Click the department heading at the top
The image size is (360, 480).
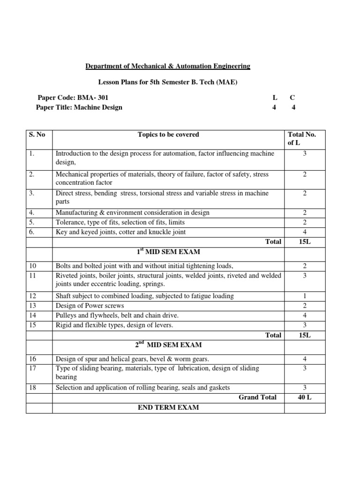click(x=167, y=67)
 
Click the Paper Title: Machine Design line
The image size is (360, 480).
click(x=79, y=107)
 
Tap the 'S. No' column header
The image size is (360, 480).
click(x=37, y=135)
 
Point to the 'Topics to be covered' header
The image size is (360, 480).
click(x=168, y=135)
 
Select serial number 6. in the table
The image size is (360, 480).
click(x=31, y=232)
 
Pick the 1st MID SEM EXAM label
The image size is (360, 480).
click(x=168, y=252)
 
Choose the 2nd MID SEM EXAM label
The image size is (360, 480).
click(x=168, y=345)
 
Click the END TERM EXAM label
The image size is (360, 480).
click(x=168, y=407)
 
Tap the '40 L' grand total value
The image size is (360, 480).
click(x=304, y=397)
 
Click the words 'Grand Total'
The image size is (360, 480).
click(x=257, y=397)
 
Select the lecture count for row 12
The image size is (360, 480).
click(x=304, y=296)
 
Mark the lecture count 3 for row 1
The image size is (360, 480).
click(x=304, y=153)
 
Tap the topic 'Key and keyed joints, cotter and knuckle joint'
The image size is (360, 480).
click(x=120, y=232)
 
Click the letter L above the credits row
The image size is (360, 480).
click(x=275, y=97)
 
